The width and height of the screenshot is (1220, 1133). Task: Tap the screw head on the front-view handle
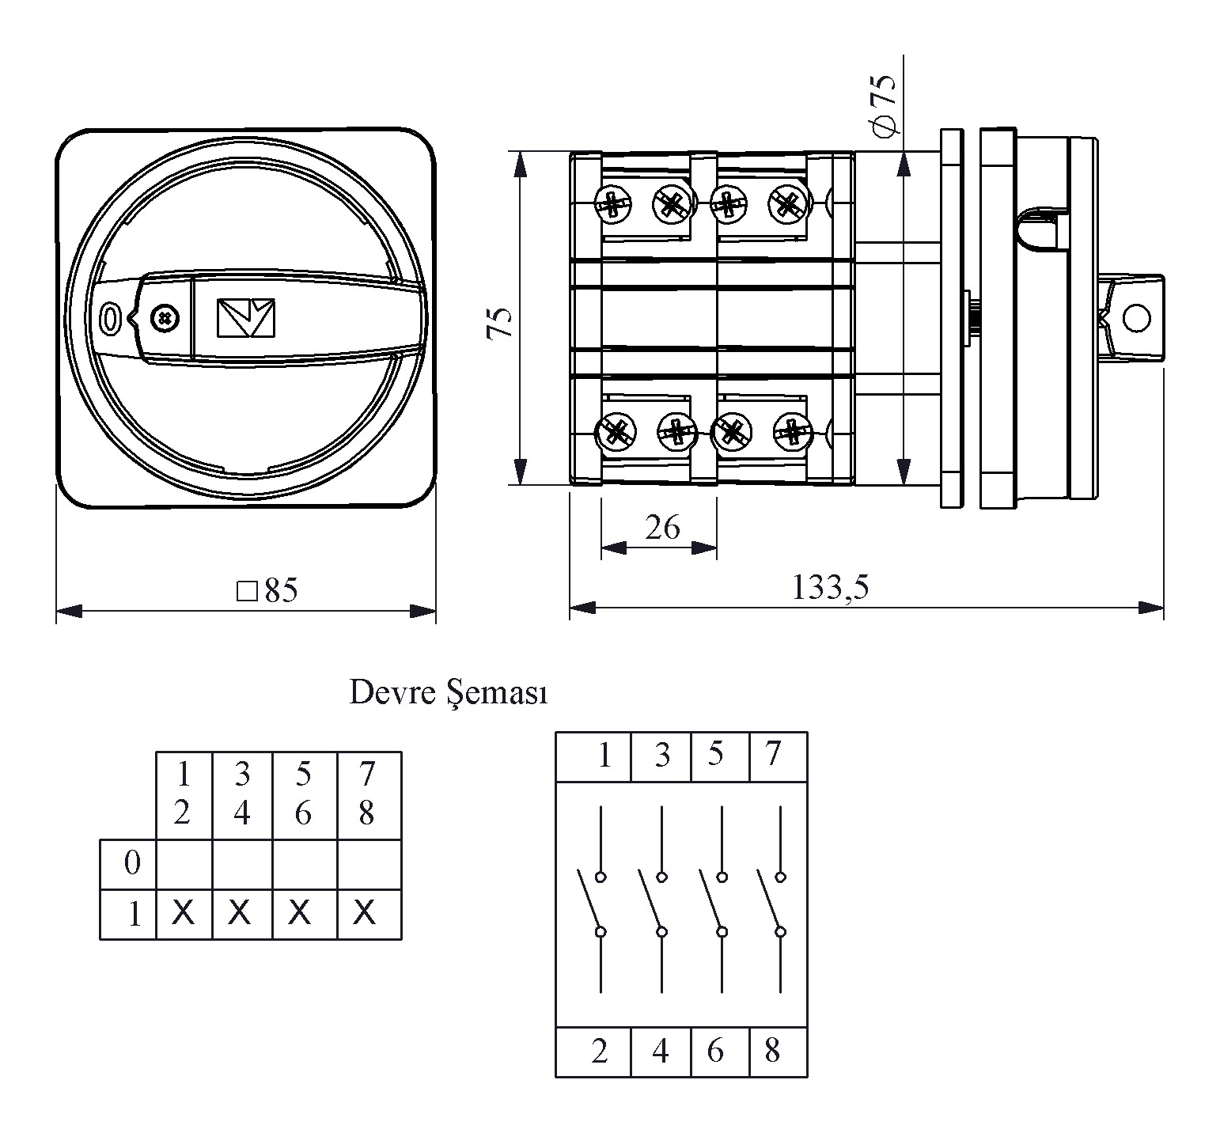(165, 319)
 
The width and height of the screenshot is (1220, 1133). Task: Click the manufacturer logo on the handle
(245, 318)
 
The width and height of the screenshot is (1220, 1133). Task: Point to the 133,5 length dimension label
(831, 587)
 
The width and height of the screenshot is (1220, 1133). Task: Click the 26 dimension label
(662, 527)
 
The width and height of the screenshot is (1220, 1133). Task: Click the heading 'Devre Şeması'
(449, 693)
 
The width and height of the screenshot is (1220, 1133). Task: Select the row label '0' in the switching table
(131, 863)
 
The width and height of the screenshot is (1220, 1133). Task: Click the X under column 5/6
(299, 913)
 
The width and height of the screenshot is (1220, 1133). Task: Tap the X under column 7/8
(364, 913)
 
